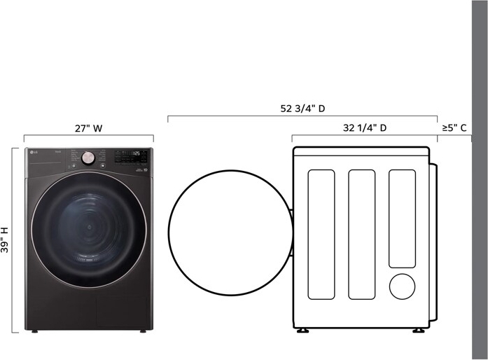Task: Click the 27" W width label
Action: coord(88,128)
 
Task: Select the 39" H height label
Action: coord(6,240)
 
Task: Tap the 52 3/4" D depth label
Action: coord(302,109)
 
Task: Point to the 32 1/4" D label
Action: coord(365,128)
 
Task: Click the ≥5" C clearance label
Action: coord(454,128)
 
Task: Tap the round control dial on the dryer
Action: coord(88,158)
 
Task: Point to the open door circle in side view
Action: coord(230,233)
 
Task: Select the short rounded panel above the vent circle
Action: coord(402,218)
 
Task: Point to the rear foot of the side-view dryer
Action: coord(417,329)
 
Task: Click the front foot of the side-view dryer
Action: coord(302,329)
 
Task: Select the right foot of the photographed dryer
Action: coord(143,330)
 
